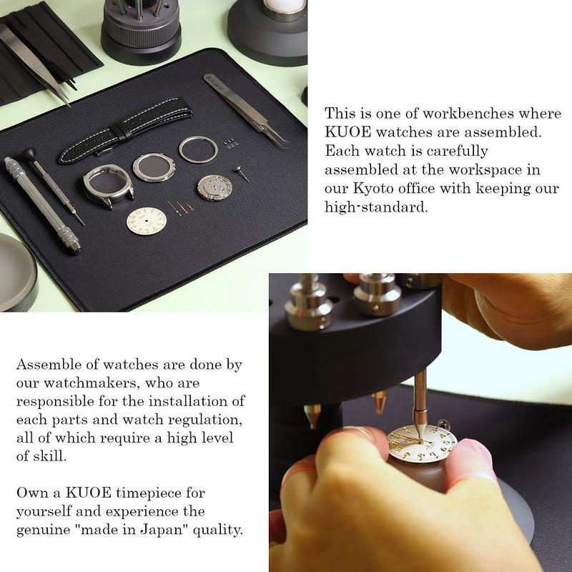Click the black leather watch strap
[x=126, y=131]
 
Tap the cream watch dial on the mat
[x=147, y=221]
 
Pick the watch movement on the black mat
[x=215, y=187]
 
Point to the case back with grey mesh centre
[x=154, y=167]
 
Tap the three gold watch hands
[x=181, y=208]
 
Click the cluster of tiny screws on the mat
[x=230, y=144]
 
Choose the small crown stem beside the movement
[x=242, y=174]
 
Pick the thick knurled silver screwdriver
[x=42, y=204]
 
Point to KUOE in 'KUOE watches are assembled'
[x=347, y=132]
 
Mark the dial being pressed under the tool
[x=422, y=443]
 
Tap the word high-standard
[x=376, y=207]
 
